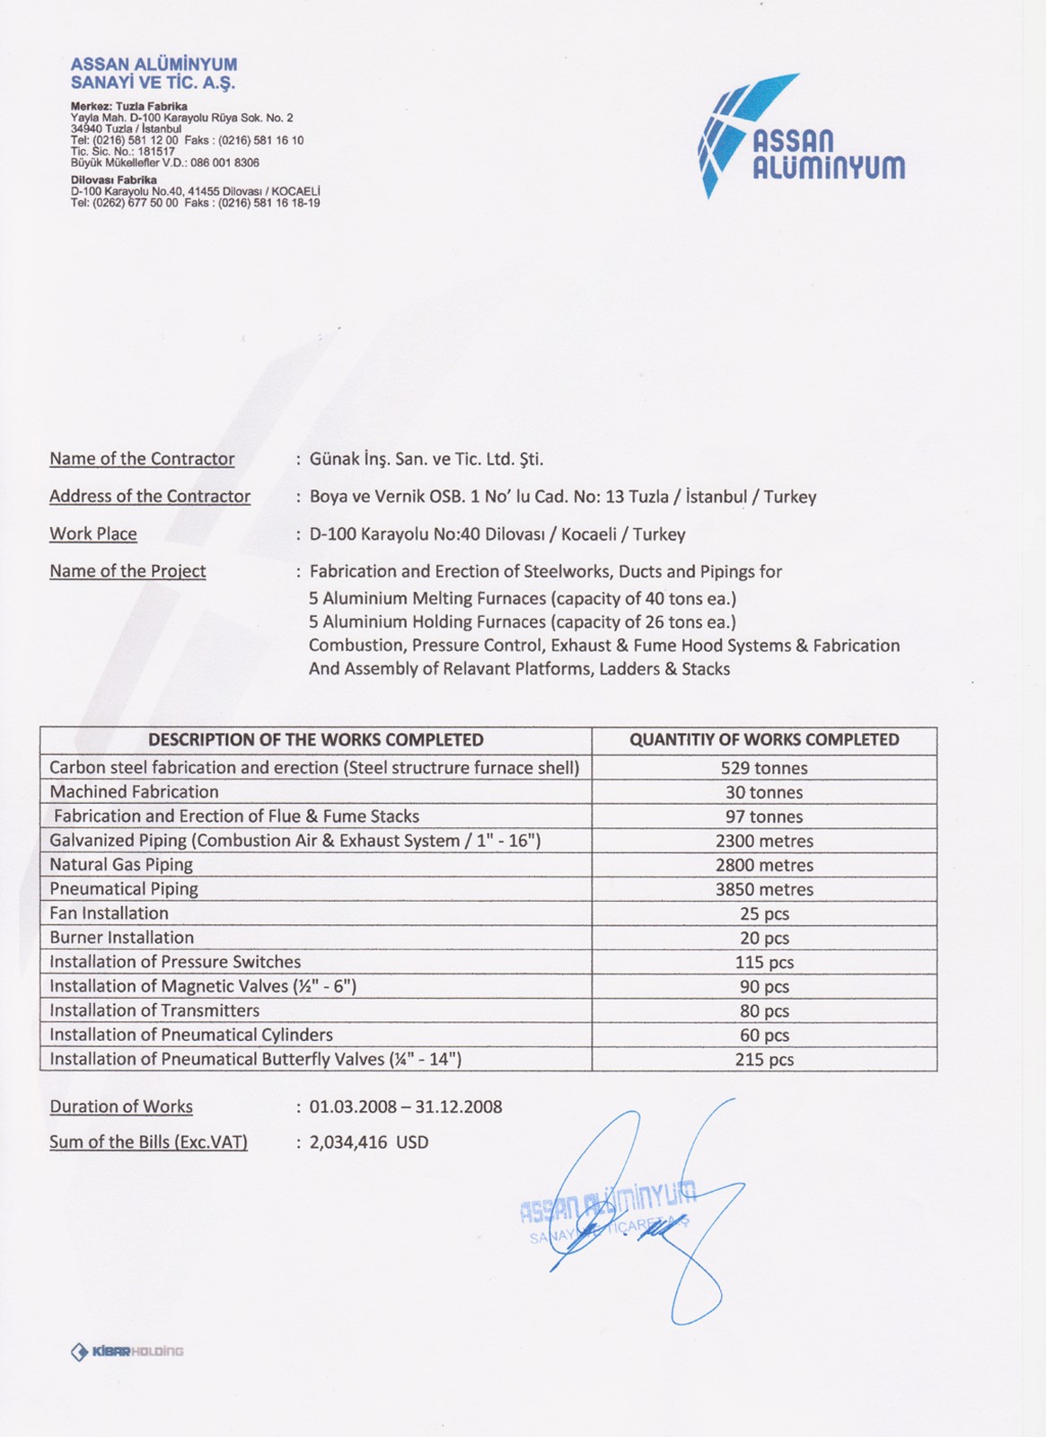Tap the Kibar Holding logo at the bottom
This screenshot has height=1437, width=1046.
pyautogui.click(x=127, y=1352)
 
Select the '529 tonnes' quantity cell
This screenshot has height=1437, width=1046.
pyautogui.click(x=764, y=768)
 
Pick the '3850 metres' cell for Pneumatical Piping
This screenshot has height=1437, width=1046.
pyautogui.click(x=764, y=889)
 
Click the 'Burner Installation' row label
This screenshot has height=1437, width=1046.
pyautogui.click(x=122, y=938)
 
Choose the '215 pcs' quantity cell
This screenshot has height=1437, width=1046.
pyautogui.click(x=764, y=1060)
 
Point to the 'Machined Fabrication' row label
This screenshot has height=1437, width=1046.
pyautogui.click(x=135, y=792)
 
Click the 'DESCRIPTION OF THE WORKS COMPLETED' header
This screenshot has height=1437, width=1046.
pyautogui.click(x=316, y=740)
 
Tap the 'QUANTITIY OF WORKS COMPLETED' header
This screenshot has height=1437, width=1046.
pyautogui.click(x=764, y=740)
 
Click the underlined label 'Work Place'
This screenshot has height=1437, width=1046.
pyautogui.click(x=93, y=534)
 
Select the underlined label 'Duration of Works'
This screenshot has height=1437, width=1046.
pyautogui.click(x=121, y=1106)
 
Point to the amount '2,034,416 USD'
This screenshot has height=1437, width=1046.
pyautogui.click(x=369, y=1142)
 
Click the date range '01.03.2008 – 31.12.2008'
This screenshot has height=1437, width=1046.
pyautogui.click(x=406, y=1106)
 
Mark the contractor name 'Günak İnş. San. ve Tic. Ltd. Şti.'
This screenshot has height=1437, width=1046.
pyautogui.click(x=426, y=459)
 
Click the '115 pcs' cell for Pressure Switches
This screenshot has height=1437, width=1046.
pyautogui.click(x=764, y=962)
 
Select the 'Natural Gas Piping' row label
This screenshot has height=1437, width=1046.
pyautogui.click(x=121, y=865)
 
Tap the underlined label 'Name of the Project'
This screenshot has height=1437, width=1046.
pyautogui.click(x=127, y=571)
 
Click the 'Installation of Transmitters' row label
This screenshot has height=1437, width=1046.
pyautogui.click(x=154, y=1010)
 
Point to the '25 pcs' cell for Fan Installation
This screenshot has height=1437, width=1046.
pyautogui.click(x=764, y=913)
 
